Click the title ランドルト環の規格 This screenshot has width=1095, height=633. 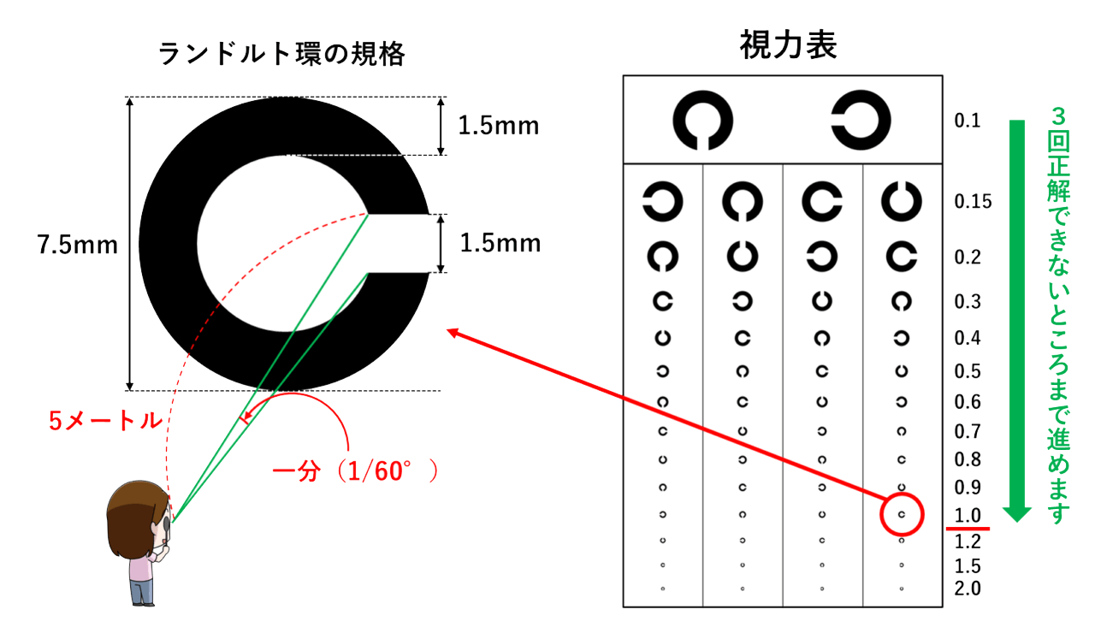(281, 54)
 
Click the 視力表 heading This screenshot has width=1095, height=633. (788, 44)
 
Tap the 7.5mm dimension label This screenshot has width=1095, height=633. (77, 245)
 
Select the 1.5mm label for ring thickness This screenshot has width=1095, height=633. (499, 126)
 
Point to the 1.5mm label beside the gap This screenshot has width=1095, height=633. (500, 243)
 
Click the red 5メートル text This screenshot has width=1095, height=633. (105, 420)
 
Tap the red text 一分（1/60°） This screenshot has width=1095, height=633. (355, 471)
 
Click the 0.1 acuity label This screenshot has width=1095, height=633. (968, 121)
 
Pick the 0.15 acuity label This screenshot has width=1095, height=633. (973, 201)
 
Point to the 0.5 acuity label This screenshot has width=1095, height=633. (968, 371)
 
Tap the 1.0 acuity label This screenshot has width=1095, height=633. (968, 515)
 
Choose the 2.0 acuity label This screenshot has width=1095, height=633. (968, 589)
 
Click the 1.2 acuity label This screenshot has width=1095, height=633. (968, 541)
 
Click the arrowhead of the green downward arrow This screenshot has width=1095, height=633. (1017, 514)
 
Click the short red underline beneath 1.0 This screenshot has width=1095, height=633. (968, 529)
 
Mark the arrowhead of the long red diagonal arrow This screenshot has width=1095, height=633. (452, 332)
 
